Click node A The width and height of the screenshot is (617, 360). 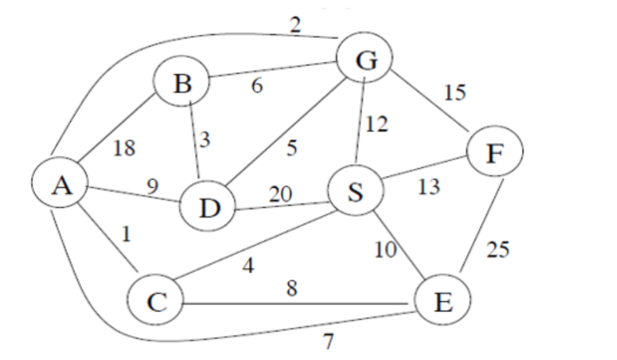tap(61, 186)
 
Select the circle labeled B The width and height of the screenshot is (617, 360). tap(182, 84)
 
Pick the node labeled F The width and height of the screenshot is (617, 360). tap(497, 153)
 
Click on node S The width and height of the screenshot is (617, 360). tap(356, 192)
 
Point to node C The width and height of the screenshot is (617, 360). tap(157, 301)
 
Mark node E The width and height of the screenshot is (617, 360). tap(442, 302)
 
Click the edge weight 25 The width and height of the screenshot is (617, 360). tap(498, 249)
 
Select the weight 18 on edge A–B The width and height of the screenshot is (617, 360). tap(123, 148)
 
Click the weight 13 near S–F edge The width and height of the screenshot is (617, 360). tap(428, 188)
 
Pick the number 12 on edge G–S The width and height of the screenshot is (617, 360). tap(377, 125)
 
